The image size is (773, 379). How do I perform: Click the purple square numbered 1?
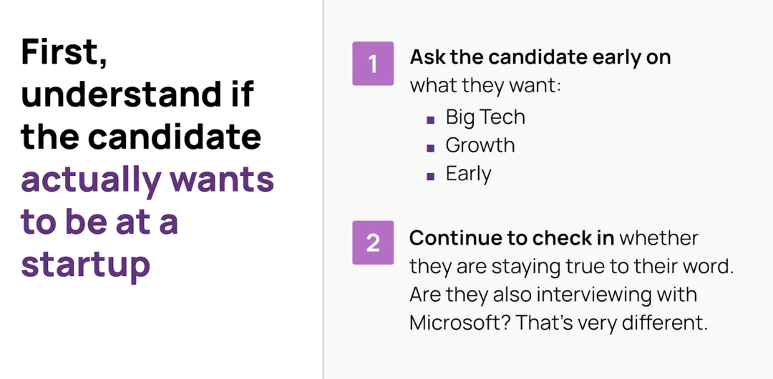coord(373,64)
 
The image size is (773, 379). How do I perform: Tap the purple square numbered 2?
coord(373,242)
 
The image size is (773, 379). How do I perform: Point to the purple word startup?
coord(85,265)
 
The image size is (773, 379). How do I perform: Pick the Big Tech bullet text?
coord(485,117)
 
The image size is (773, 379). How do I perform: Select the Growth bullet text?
coord(480,145)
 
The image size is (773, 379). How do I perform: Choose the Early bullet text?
coord(468,174)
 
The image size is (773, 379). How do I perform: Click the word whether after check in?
coord(659,239)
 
